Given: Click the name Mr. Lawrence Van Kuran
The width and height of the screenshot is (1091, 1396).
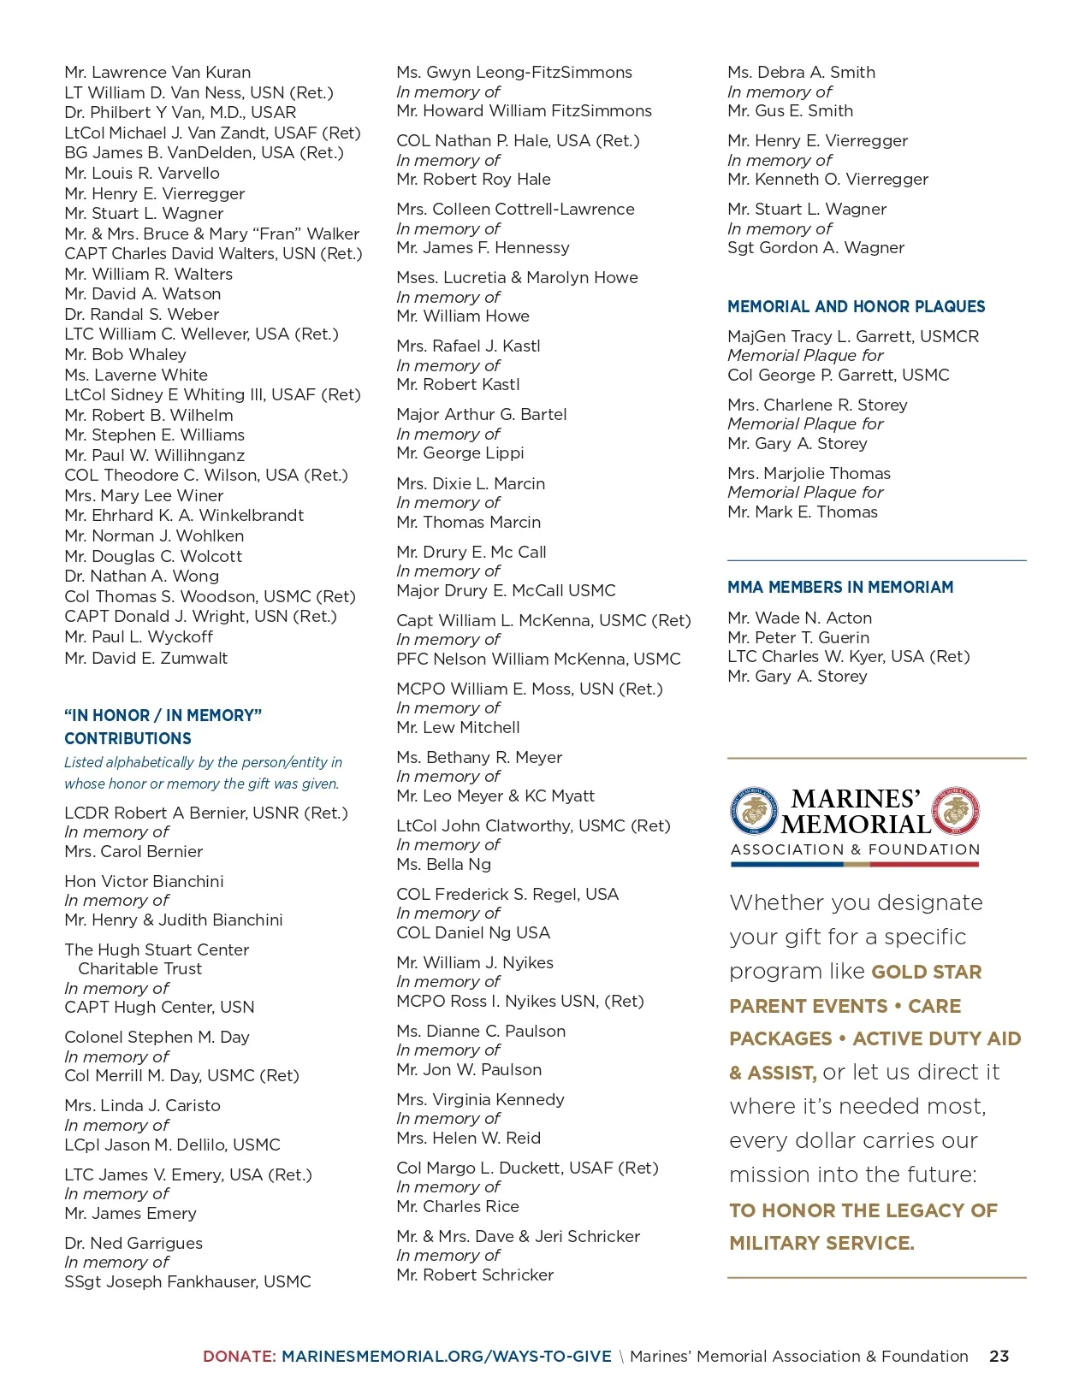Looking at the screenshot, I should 157,73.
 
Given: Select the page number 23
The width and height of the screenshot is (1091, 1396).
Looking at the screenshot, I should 999,1356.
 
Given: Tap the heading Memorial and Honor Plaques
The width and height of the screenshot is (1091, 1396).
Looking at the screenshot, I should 856,306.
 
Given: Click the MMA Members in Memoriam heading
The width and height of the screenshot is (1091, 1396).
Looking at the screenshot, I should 839,587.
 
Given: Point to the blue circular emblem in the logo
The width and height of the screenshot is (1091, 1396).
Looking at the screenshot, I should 754,811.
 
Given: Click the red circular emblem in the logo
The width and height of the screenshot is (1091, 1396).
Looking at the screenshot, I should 955,810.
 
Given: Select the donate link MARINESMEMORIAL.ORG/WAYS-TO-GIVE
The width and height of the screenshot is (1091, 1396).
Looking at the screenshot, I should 446,1356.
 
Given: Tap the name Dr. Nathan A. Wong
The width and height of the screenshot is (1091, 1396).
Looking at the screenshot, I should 141,577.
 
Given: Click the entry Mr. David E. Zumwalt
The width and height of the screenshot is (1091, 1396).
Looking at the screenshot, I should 145,658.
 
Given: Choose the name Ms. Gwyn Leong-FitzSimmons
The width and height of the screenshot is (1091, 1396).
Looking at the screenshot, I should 514,73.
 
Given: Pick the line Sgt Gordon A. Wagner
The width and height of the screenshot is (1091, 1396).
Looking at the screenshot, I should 815,248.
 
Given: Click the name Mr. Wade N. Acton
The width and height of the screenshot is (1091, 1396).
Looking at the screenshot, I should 799,618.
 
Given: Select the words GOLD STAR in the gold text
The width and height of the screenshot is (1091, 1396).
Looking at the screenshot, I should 926,972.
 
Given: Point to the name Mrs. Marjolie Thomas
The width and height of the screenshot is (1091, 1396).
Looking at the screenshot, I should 809,473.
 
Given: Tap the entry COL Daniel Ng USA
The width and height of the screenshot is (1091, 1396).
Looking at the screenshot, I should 473,932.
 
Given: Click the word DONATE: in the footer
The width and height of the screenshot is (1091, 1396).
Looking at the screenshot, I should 240,1356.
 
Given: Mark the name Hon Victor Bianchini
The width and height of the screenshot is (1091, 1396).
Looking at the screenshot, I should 144,881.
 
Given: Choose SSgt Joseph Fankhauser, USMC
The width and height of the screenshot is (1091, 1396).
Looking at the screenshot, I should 187,1281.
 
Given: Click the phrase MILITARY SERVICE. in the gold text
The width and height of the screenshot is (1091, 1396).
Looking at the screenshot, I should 821,1243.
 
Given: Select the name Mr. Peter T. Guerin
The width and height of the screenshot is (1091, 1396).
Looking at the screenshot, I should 798,637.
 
